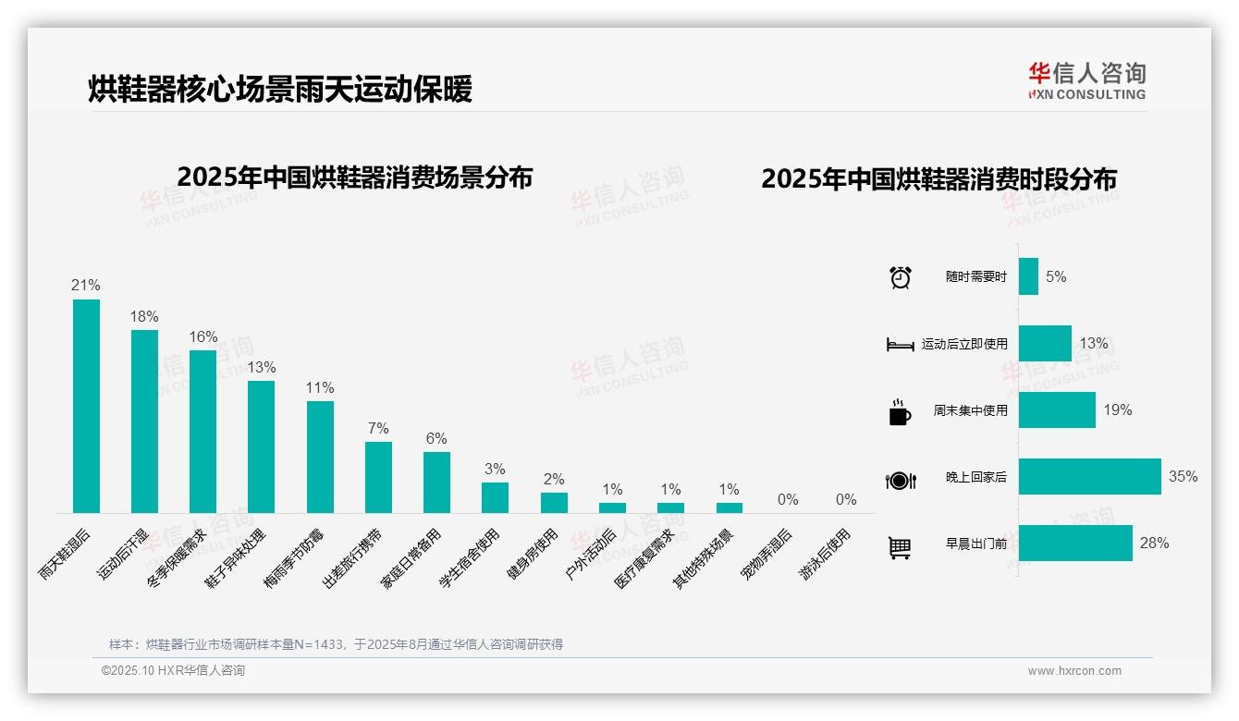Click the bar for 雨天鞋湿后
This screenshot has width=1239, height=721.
86,406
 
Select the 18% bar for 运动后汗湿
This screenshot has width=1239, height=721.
144,422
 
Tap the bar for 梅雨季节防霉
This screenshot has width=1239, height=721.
320,457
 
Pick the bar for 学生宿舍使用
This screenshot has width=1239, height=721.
495,497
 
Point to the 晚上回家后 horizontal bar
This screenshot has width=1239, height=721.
1089,477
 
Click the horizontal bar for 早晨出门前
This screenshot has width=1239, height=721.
1075,544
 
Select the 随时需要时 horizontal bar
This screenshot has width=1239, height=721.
1028,276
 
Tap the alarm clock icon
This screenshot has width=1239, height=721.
901,277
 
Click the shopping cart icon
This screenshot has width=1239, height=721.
900,548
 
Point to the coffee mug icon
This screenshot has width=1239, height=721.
899,412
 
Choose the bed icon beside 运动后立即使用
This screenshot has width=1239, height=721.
900,345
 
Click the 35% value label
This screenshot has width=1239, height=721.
1183,477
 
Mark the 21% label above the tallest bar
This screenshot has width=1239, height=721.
86,286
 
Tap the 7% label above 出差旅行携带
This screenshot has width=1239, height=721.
378,429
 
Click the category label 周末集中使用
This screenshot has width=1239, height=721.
970,410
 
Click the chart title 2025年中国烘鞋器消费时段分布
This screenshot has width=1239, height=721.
938,179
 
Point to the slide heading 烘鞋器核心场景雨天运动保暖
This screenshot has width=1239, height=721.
280,90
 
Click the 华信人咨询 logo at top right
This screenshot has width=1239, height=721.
1086,80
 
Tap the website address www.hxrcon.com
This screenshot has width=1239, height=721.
1074,671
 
